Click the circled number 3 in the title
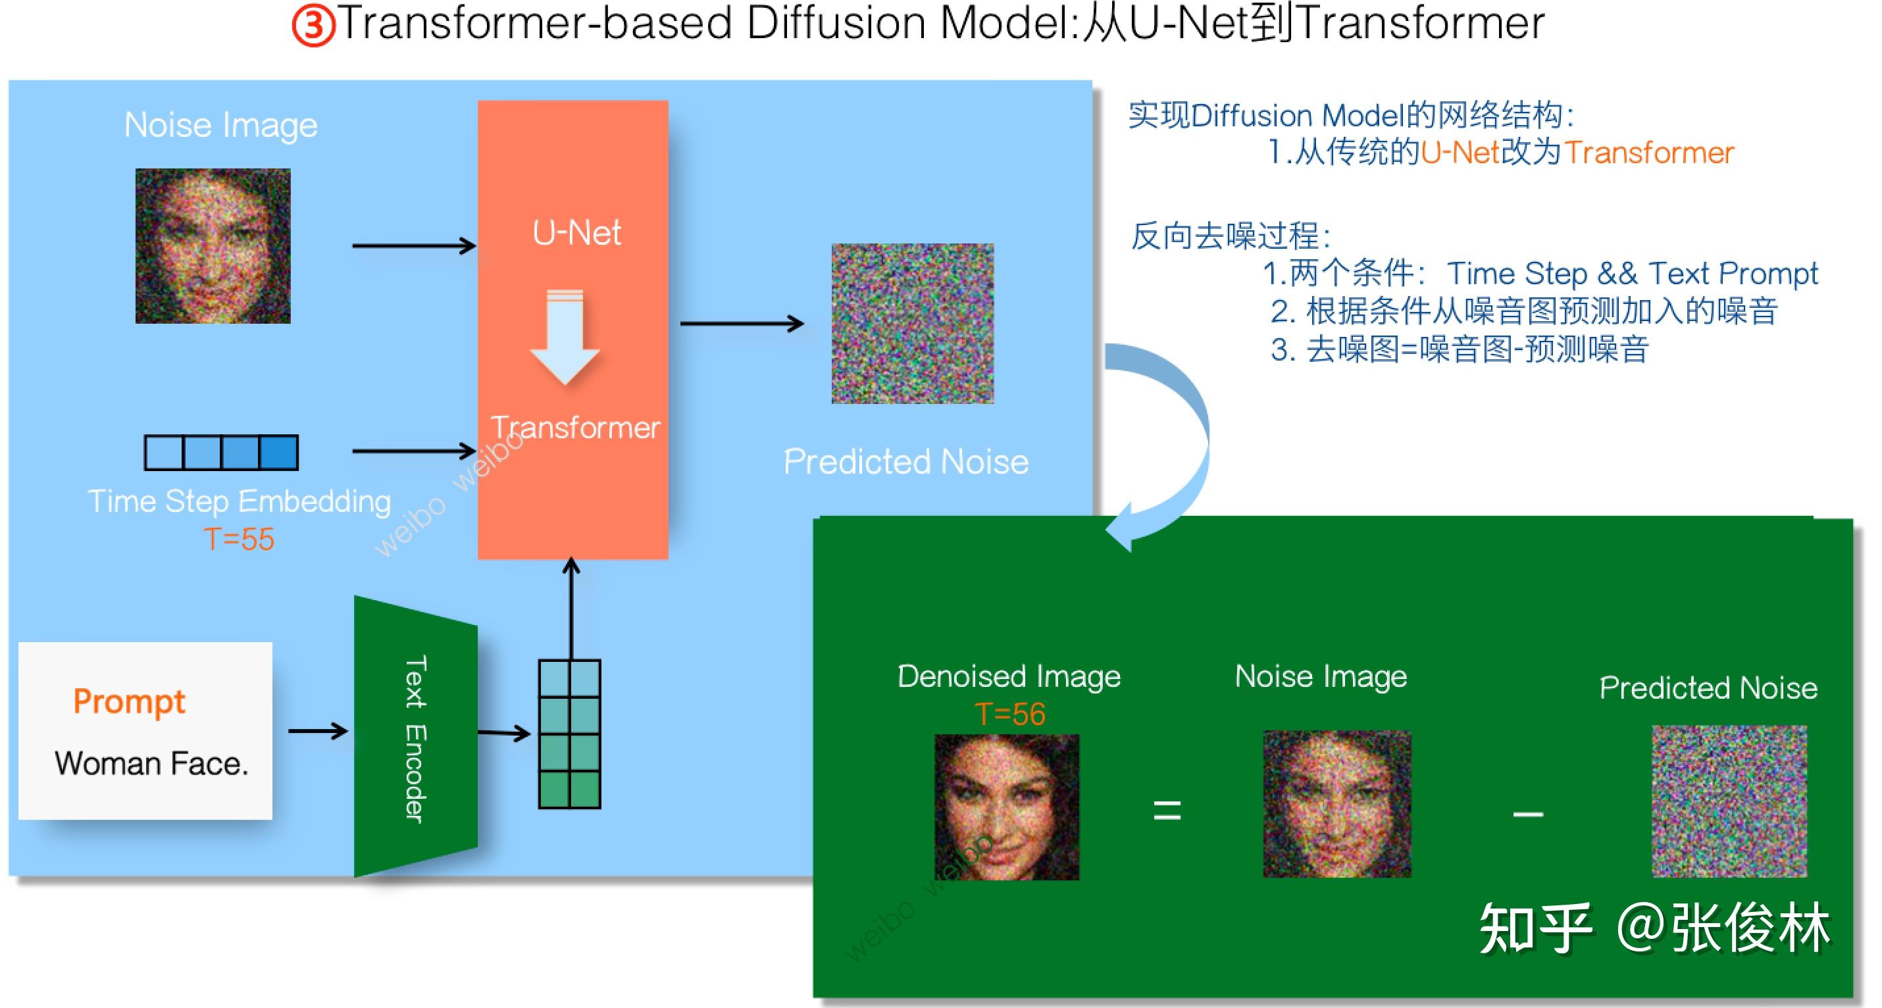313,26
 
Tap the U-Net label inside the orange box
576,233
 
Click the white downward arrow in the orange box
565,337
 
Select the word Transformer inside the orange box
575,427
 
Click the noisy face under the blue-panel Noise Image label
213,246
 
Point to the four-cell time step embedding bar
221,452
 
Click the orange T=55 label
239,539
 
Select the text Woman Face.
151,763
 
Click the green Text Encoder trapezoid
415,736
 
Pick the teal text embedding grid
569,734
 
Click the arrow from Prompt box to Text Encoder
318,730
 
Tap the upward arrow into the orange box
571,609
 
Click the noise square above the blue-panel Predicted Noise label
913,324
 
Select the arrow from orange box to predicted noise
742,323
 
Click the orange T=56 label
1009,714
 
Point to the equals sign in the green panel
1167,810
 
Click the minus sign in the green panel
1528,814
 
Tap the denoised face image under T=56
1007,807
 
